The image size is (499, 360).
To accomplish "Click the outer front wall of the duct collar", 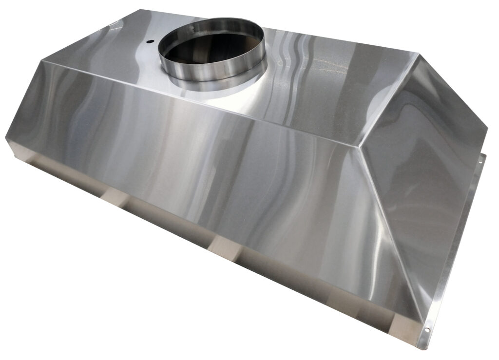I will click(214, 74).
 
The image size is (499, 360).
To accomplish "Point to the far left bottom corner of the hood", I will click(7, 138).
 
